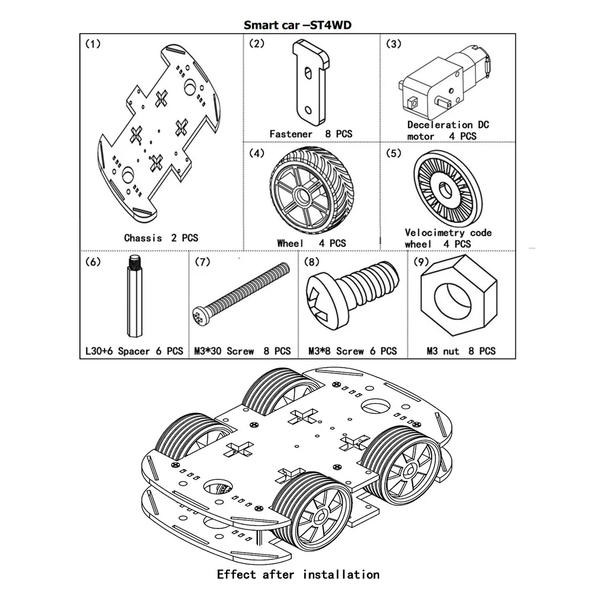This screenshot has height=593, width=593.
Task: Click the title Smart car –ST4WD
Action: (297, 25)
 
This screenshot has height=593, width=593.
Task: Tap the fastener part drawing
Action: (311, 82)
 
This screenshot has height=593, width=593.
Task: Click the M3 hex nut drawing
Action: (459, 295)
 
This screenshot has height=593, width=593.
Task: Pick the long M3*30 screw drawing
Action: (241, 294)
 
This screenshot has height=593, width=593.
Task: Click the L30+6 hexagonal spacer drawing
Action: (134, 296)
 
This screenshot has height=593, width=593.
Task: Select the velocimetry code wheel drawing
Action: (448, 189)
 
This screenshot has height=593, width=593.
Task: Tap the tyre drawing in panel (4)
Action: (304, 190)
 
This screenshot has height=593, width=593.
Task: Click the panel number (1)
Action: (93, 44)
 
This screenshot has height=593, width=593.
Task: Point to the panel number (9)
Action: (421, 262)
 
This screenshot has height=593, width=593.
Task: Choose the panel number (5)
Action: (394, 153)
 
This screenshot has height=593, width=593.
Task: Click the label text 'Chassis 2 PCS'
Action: (161, 238)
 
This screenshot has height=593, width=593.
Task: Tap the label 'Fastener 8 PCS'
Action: (311, 134)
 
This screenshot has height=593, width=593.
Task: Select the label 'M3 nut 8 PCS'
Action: (461, 351)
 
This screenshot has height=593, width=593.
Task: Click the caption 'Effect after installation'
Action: (298, 575)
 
